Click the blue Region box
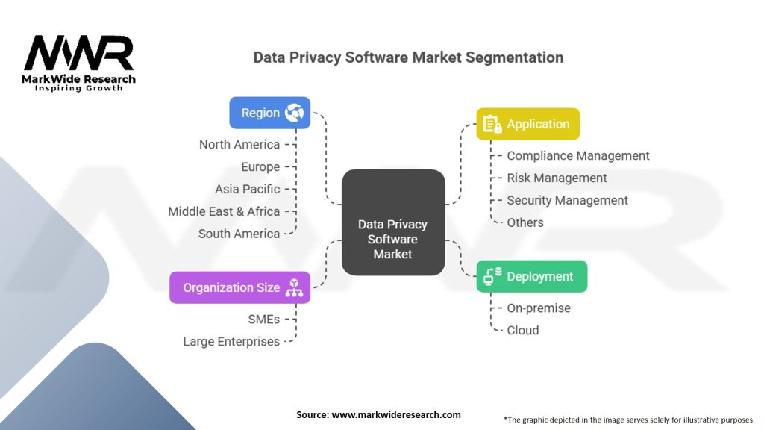pyautogui.click(x=270, y=113)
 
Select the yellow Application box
pyautogui.click(x=528, y=124)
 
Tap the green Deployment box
pyautogui.click(x=532, y=276)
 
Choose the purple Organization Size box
pyautogui.click(x=239, y=287)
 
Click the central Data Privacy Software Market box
pyautogui.click(x=392, y=239)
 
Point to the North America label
pyautogui.click(x=239, y=144)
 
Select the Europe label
pyautogui.click(x=260, y=166)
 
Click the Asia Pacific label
pyautogui.click(x=248, y=189)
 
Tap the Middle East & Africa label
pyautogui.click(x=224, y=211)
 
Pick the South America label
pyautogui.click(x=239, y=234)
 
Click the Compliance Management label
pyautogui.click(x=578, y=155)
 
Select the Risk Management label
pyautogui.click(x=557, y=178)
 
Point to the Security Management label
pyautogui.click(x=567, y=200)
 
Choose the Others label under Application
pyautogui.click(x=525, y=222)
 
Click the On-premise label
pyautogui.click(x=539, y=308)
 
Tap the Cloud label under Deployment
pyautogui.click(x=522, y=330)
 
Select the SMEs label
pyautogui.click(x=264, y=319)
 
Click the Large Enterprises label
pyautogui.click(x=231, y=341)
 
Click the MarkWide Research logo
pyautogui.click(x=79, y=63)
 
